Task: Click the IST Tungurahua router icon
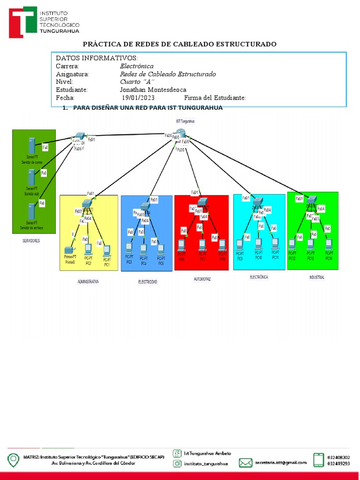click(x=178, y=133)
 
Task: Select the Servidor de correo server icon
click(x=32, y=145)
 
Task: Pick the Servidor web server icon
click(x=31, y=177)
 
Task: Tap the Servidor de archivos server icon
click(x=31, y=211)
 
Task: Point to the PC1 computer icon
click(x=106, y=249)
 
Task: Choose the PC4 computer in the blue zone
click(x=144, y=249)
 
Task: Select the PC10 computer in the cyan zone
click(x=258, y=244)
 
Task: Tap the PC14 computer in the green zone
click(x=329, y=244)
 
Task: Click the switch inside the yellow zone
click(x=87, y=203)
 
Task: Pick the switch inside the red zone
click(x=202, y=202)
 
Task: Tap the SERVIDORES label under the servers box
click(x=31, y=241)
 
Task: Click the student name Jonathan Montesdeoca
click(x=153, y=90)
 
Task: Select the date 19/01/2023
click(x=138, y=97)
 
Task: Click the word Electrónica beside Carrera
click(x=136, y=66)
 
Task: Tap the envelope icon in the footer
click(x=246, y=462)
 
